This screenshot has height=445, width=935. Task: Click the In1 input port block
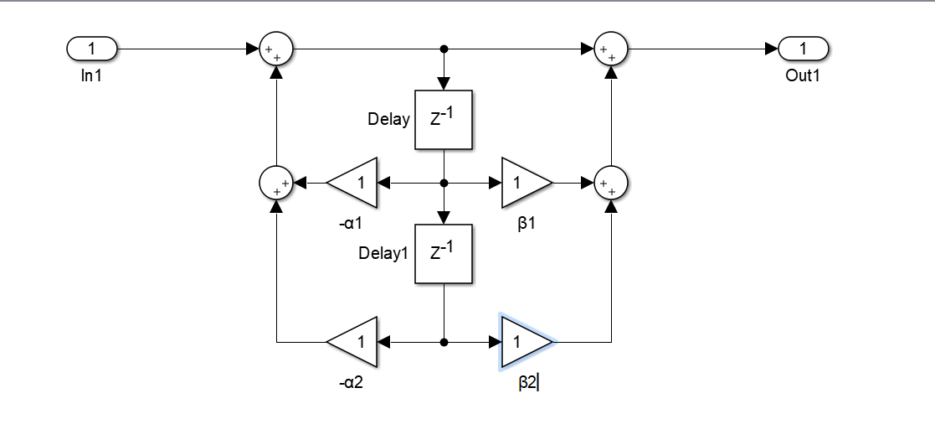coord(92,49)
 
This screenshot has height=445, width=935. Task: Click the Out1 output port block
coord(803,49)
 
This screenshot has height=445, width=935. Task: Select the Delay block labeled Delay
coord(444,119)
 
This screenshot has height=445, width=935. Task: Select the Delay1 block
coord(444,254)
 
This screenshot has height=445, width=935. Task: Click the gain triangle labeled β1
coord(524,182)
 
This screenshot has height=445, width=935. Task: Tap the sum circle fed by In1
coord(275,49)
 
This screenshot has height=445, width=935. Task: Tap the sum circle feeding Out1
coord(611,49)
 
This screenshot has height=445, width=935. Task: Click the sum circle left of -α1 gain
coord(276,182)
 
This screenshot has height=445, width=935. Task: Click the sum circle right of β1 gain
coord(611,182)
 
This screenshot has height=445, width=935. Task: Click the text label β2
coord(527,385)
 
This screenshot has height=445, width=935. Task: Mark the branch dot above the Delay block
coord(444,49)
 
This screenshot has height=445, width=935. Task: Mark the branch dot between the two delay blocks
coord(444,182)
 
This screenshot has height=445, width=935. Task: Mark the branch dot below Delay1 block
coord(444,342)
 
